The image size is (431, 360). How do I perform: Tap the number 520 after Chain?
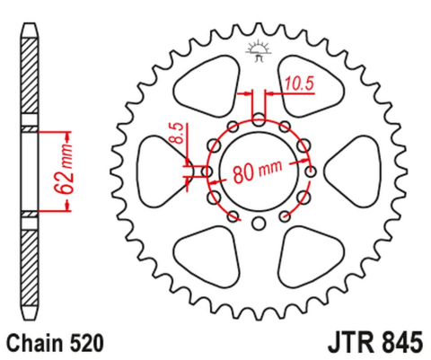point(88,343)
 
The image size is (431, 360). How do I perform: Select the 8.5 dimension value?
point(178,141)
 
